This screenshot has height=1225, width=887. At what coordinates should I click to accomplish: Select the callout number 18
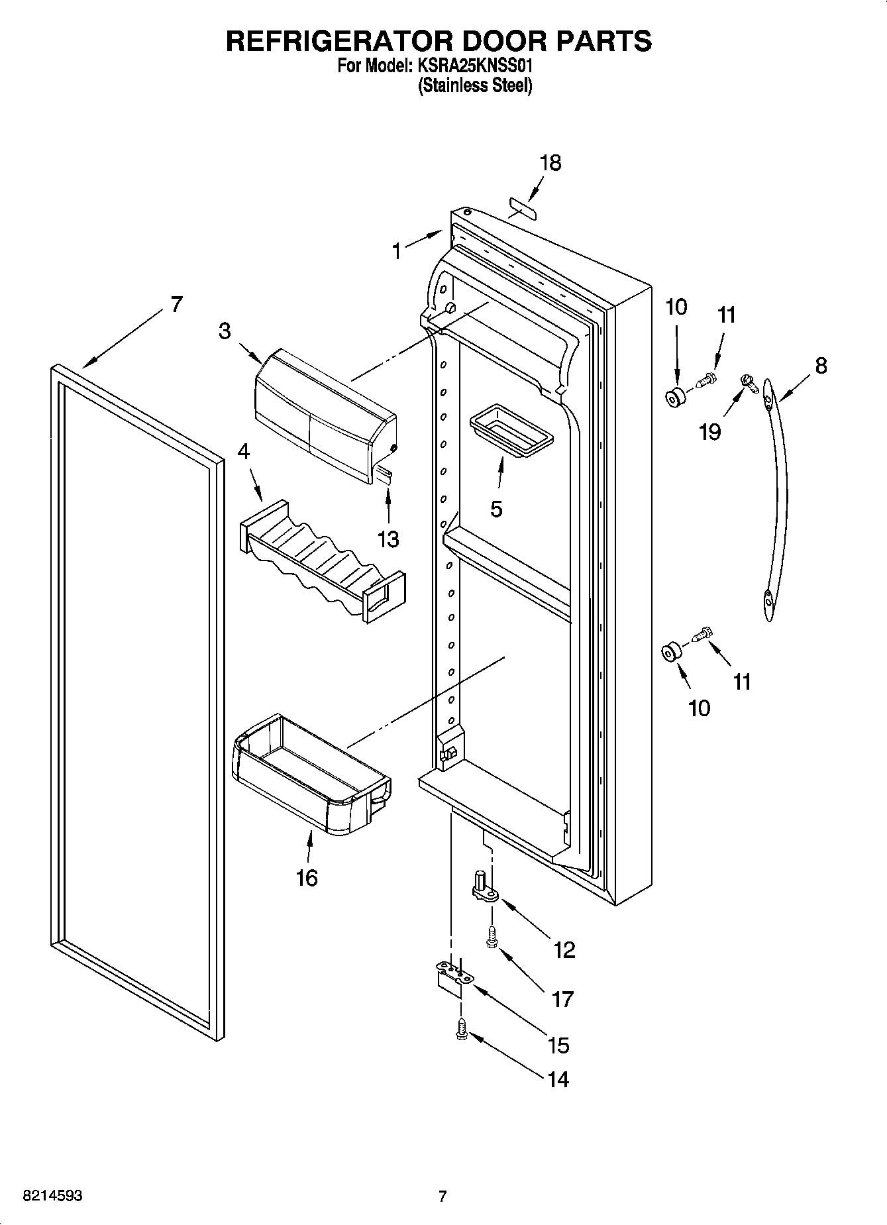pos(550,163)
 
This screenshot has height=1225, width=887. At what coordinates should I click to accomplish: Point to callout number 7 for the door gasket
pos(176,304)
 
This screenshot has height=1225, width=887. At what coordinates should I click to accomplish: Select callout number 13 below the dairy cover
pos(388,539)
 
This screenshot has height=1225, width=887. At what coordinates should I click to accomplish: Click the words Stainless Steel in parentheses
pos(474,85)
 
